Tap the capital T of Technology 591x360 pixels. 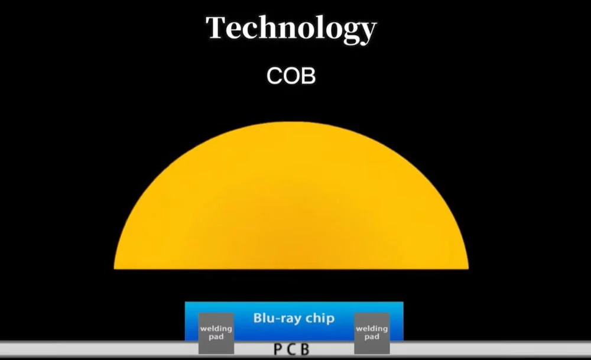click(x=217, y=27)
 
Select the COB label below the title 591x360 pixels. click(x=291, y=76)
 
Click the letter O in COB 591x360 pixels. click(x=290, y=76)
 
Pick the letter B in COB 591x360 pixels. click(x=309, y=76)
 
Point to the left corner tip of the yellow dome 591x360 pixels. click(x=114, y=268)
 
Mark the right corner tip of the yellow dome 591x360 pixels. click(x=468, y=268)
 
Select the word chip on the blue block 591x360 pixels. click(x=320, y=319)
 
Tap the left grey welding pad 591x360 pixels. click(x=216, y=333)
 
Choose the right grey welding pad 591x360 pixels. click(x=372, y=333)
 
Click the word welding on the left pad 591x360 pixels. click(x=216, y=329)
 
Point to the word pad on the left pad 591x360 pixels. click(x=216, y=337)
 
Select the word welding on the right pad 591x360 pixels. click(x=372, y=329)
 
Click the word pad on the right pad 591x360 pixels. click(x=372, y=337)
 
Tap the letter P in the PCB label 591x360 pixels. click(x=277, y=349)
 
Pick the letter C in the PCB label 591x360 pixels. click(x=291, y=349)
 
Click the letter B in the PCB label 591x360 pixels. click(x=305, y=349)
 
